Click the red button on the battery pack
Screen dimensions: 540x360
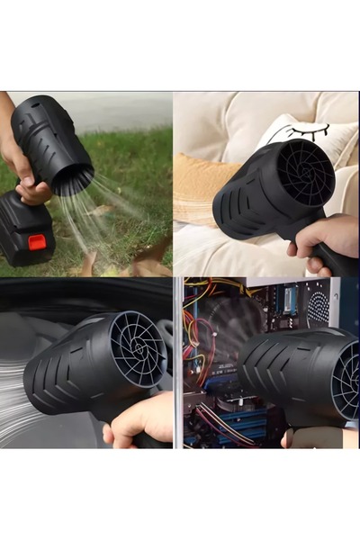click(x=37, y=241)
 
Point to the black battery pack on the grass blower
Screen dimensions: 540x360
click(x=26, y=229)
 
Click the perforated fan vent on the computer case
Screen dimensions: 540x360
click(x=318, y=307)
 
